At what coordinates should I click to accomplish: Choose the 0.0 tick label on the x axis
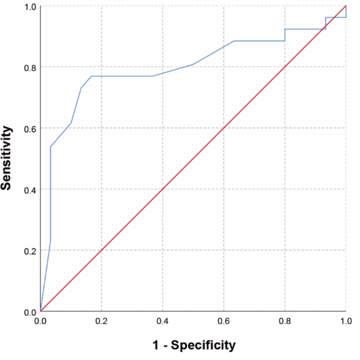pos(40,321)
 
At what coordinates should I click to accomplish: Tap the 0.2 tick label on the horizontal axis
pos(101,321)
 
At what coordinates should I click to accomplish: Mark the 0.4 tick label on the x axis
pos(162,321)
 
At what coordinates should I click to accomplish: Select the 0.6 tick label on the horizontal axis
pos(224,321)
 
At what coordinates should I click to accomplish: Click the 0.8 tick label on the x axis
pos(285,321)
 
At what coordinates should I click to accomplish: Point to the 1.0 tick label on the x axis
pos(345,321)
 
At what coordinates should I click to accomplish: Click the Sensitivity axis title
pos(7,158)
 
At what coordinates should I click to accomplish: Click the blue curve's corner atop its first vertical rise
pos(50,147)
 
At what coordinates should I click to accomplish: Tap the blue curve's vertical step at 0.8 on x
pos(285,35)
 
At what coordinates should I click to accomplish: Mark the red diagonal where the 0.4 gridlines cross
pos(162,189)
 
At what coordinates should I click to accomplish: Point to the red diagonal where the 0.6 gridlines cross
pos(224,128)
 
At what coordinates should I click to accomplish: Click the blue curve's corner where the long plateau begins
pos(91,76)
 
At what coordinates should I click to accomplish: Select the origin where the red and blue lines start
pos(40,311)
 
